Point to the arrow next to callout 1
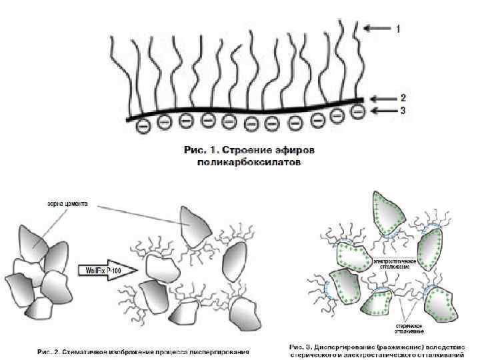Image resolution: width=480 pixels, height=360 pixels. [378, 29]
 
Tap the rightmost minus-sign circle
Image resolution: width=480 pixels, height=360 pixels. [359, 111]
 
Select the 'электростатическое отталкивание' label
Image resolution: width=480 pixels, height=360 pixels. [395, 263]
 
